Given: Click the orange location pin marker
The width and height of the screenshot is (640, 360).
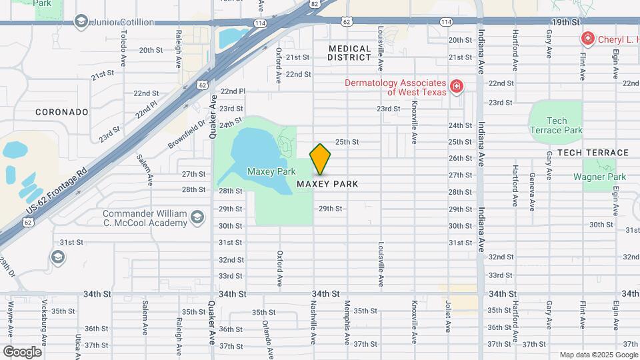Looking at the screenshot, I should click(320, 159).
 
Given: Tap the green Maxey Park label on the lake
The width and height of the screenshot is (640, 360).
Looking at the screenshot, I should click(271, 171).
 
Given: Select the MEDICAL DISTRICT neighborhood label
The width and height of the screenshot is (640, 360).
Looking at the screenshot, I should click(349, 53).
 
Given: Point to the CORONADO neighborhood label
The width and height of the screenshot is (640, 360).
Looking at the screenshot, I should click(62, 112).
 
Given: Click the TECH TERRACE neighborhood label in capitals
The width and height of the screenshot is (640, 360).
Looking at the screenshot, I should click(593, 153).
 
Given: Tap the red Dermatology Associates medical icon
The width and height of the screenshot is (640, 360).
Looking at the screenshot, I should click(456, 86).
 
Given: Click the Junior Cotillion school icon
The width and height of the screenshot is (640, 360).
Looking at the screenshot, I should click(81, 22).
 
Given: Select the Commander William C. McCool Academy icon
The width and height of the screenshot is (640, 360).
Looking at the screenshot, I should click(197, 217).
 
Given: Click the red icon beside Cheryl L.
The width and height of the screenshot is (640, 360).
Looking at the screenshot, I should click(587, 39).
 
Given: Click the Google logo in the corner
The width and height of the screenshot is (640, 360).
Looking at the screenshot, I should click(22, 351).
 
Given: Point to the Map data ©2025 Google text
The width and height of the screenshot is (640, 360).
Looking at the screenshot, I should click(597, 355).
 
